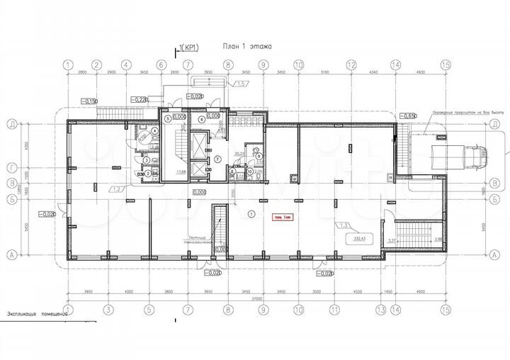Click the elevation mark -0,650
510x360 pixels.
point(408,116)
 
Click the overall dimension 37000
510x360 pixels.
point(256,299)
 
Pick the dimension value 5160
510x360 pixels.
point(324,73)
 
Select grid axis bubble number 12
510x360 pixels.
point(351,65)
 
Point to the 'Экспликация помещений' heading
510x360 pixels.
point(37,313)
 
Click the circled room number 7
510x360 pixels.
point(218,157)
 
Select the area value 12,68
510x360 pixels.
point(180,171)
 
